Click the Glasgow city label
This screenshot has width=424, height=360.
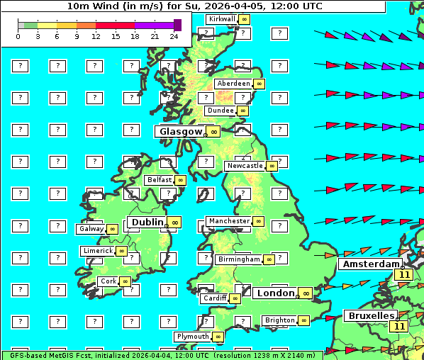pyautogui.click(x=181, y=131)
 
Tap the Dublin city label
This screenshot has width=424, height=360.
pyautogui.click(x=147, y=222)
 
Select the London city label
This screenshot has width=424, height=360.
pyautogui.click(x=275, y=293)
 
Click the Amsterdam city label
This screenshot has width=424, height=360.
pyautogui.click(x=370, y=264)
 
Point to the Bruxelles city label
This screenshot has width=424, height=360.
pyautogui.click(x=370, y=315)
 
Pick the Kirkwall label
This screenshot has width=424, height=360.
pyautogui.click(x=221, y=19)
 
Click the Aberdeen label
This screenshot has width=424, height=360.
pyautogui.click(x=234, y=84)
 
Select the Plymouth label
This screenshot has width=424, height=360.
pyautogui.click(x=193, y=337)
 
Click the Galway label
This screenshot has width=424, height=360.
pyautogui.click(x=91, y=229)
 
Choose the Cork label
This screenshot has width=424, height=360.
pyautogui.click(x=108, y=281)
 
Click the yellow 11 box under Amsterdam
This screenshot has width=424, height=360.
pyautogui.click(x=404, y=275)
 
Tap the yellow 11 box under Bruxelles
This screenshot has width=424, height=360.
pyautogui.click(x=399, y=327)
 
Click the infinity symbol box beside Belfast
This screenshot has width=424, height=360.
pyautogui.click(x=180, y=180)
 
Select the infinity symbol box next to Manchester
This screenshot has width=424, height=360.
pyautogui.click(x=259, y=221)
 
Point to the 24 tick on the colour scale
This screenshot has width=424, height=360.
pyautogui.click(x=174, y=36)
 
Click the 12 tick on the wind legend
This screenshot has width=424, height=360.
pyautogui.click(x=96, y=36)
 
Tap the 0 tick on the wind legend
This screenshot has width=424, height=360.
pyautogui.click(x=18, y=36)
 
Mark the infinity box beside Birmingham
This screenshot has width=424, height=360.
pyautogui.click(x=269, y=259)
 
